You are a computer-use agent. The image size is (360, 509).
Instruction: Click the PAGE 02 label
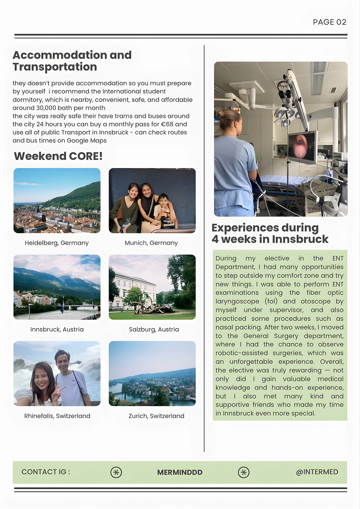click(329, 22)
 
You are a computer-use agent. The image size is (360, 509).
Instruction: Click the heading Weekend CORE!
click(58, 156)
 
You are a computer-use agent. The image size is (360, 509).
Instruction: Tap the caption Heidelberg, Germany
click(57, 243)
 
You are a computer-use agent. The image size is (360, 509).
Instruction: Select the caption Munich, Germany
click(151, 243)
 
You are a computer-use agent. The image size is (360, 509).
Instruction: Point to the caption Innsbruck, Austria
click(57, 329)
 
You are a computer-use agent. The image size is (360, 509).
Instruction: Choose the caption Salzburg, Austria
click(154, 329)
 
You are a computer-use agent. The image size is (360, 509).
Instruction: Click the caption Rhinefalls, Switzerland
click(57, 416)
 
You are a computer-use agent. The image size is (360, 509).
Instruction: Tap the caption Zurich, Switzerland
click(156, 416)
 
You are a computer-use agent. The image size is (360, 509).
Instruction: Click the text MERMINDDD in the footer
click(180, 472)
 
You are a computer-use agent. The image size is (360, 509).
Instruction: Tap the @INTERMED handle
click(317, 472)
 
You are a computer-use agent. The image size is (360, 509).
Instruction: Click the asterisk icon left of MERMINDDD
click(116, 472)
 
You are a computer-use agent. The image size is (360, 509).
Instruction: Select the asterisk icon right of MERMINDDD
click(243, 472)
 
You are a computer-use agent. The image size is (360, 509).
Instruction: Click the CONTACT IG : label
click(46, 472)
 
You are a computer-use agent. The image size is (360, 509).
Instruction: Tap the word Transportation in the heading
click(55, 67)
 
